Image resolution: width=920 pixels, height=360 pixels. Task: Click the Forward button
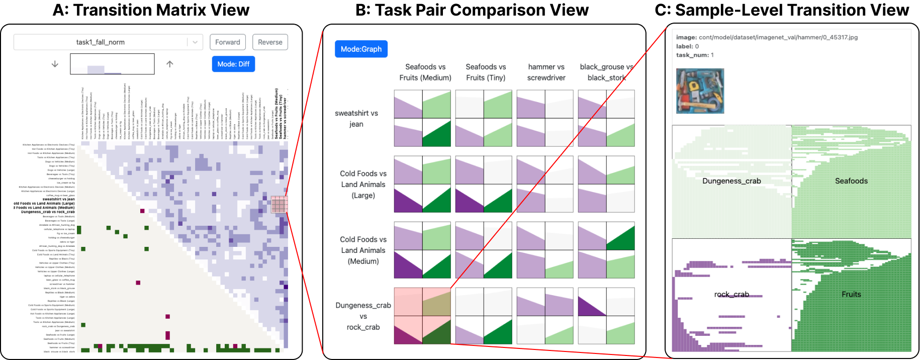coord(228,42)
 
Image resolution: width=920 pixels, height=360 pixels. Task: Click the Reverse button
coord(270,42)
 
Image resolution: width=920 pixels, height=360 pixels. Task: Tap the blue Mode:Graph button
coord(361,49)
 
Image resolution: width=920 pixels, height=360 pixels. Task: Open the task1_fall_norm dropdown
coord(108,42)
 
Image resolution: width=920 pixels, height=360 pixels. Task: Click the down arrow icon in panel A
coord(55,64)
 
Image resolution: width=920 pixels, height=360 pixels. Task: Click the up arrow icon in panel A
coord(170,64)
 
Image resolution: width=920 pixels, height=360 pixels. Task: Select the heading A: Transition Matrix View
coord(151,10)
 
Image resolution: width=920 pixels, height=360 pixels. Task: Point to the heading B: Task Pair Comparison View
coord(472,10)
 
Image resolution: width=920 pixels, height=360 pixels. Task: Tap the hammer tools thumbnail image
coord(700,91)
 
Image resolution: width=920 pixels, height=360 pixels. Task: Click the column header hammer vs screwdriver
coord(546,72)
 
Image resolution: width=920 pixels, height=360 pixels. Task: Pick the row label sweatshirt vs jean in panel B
coord(356,119)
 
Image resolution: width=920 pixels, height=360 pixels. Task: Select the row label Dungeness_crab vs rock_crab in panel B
coord(363,316)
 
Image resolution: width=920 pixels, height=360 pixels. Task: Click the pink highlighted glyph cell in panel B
coord(422,316)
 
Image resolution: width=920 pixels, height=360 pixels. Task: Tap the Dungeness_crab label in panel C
coord(731,181)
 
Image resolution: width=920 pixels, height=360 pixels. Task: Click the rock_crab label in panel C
coord(731,295)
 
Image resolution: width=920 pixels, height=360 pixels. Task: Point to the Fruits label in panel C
coord(851,295)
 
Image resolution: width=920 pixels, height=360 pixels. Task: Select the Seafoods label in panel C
coord(851,181)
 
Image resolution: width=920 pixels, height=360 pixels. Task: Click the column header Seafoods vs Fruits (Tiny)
coord(485,72)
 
